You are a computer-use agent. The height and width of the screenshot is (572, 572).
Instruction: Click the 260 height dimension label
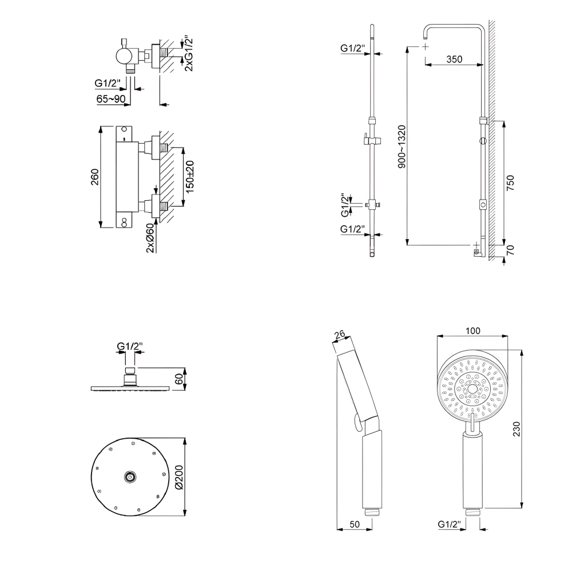point(95,177)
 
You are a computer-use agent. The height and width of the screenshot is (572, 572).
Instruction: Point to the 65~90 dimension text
point(111,99)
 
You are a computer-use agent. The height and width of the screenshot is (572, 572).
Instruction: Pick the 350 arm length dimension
point(454,59)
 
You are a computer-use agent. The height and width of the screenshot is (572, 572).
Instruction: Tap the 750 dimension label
point(511,182)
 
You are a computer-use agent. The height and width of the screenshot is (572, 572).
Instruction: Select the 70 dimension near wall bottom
point(511,249)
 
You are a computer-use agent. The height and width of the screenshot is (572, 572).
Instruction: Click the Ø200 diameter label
point(178,476)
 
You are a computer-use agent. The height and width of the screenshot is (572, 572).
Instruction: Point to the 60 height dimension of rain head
point(178,379)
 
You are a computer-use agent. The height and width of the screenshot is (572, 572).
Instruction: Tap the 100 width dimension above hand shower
point(473,330)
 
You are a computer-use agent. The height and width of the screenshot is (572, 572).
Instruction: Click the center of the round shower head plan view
point(130,476)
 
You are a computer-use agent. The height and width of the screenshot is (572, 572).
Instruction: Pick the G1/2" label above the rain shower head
point(130,346)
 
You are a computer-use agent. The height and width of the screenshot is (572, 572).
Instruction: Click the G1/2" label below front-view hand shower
point(450,523)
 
